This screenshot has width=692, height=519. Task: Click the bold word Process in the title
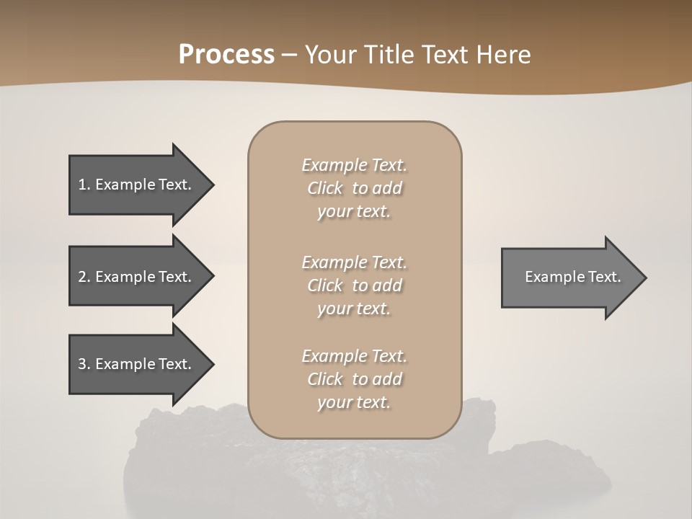point(226,55)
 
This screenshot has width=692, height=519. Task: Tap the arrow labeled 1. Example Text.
point(135,185)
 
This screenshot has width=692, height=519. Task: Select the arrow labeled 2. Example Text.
point(135,277)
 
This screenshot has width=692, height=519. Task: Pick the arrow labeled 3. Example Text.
point(135,364)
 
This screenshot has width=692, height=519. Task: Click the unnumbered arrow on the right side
point(572,277)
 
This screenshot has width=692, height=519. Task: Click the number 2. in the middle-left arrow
point(84,277)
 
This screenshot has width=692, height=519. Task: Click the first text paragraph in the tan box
point(354,188)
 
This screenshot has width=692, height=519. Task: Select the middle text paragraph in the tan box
point(354,285)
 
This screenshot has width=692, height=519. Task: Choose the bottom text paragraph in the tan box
point(354,379)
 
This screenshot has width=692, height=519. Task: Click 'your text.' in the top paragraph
point(354,212)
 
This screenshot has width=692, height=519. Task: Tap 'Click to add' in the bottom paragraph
point(354,379)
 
